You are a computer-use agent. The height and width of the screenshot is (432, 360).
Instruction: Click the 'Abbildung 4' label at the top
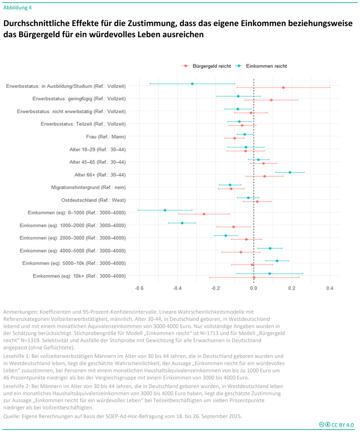(x=17, y=7)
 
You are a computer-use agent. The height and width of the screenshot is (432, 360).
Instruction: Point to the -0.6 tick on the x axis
(x=139, y=288)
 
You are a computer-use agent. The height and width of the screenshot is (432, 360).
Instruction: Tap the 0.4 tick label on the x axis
(x=330, y=288)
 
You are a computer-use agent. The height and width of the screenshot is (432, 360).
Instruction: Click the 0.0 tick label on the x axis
(x=253, y=288)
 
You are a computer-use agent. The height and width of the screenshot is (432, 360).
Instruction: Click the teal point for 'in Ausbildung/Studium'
(x=192, y=84)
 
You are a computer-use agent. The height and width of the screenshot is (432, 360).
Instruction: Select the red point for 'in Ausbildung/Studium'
(x=283, y=88)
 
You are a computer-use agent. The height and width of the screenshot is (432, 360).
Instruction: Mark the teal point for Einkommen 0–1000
(x=165, y=210)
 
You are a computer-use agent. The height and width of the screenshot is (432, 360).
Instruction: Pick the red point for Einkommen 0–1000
(x=204, y=214)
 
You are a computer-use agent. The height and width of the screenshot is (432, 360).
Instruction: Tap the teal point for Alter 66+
(x=290, y=173)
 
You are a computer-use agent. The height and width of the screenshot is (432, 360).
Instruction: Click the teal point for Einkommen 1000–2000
(x=182, y=223)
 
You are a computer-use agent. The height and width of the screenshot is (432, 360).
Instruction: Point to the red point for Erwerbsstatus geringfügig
(x=271, y=100)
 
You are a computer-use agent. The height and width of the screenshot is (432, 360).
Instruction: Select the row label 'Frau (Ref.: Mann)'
(x=106, y=137)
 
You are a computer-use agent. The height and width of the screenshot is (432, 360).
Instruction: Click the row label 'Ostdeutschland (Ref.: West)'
(x=93, y=200)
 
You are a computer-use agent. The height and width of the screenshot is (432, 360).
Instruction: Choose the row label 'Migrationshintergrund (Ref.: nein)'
(x=88, y=187)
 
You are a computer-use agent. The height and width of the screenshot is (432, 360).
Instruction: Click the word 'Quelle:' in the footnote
(x=13, y=416)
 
